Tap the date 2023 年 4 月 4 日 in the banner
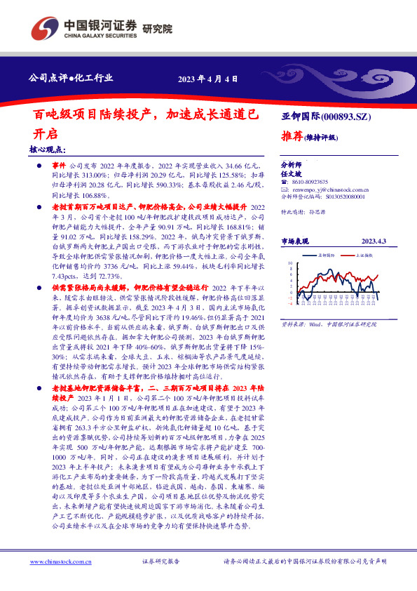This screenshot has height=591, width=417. point(208,79)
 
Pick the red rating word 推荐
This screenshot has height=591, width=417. point(294,136)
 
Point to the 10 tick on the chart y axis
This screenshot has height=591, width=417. point(290,264)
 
